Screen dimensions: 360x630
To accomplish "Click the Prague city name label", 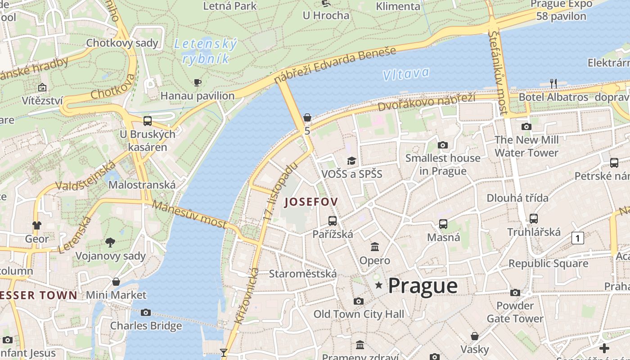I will pyautogui.click(x=423, y=286).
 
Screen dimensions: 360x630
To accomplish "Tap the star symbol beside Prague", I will pyautogui.click(x=379, y=285).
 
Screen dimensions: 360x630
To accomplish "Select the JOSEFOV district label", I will pyautogui.click(x=310, y=202).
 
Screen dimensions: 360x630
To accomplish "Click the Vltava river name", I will pyautogui.click(x=406, y=74).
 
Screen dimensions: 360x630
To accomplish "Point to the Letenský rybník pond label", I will pyautogui.click(x=205, y=51).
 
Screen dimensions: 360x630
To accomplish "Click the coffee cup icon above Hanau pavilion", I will pyautogui.click(x=197, y=82).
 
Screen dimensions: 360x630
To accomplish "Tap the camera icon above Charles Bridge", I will pyautogui.click(x=146, y=312).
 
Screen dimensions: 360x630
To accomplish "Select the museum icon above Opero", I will pyautogui.click(x=375, y=247).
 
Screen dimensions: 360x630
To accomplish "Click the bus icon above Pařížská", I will pyautogui.click(x=333, y=220).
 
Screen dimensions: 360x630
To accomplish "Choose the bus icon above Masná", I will pyautogui.click(x=443, y=224).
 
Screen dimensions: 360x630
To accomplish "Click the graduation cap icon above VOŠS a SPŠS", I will pyautogui.click(x=351, y=161).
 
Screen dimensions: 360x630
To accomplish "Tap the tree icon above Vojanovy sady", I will pyautogui.click(x=110, y=243).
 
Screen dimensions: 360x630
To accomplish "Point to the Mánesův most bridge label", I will pyautogui.click(x=189, y=214).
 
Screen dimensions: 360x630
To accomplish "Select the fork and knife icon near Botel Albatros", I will pyautogui.click(x=553, y=83).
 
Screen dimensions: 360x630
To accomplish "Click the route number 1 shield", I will pyautogui.click(x=577, y=238).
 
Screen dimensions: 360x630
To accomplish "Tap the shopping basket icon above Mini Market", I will pyautogui.click(x=116, y=282).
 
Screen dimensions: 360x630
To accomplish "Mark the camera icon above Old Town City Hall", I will pyautogui.click(x=359, y=301).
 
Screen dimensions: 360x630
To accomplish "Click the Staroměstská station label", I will pyautogui.click(x=302, y=274).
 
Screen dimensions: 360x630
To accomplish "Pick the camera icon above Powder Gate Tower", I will pyautogui.click(x=515, y=293).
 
